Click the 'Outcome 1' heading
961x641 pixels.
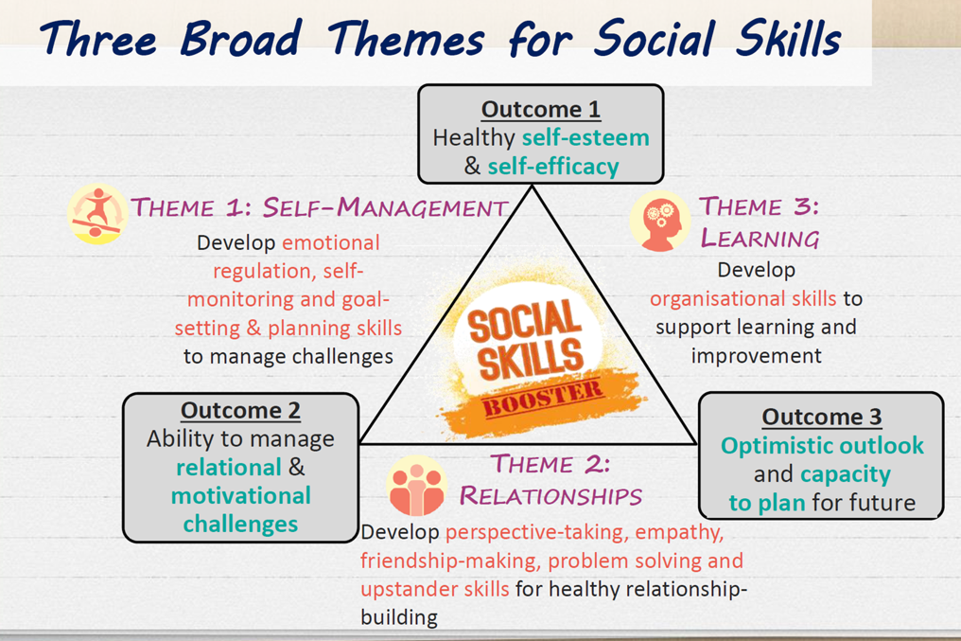coord(541,109)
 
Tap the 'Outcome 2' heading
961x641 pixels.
coord(240,410)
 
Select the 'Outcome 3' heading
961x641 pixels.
coord(821,418)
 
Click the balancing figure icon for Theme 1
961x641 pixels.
coord(97,214)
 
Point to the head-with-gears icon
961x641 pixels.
coord(660,221)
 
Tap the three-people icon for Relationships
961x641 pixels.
coord(417,486)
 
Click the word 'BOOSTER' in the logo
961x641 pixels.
coord(543,398)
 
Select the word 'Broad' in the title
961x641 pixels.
coord(241,38)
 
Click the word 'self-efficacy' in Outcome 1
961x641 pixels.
coord(553,167)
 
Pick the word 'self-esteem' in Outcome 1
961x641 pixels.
coord(585,137)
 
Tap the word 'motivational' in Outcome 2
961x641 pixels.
coord(241,495)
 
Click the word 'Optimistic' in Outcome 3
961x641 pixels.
coord(770,446)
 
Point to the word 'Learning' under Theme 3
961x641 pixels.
coord(760,238)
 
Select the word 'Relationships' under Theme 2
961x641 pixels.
coord(551,495)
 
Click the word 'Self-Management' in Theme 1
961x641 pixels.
coord(386,208)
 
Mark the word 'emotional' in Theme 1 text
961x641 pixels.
coord(331,243)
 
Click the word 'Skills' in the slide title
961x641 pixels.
coord(788,38)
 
